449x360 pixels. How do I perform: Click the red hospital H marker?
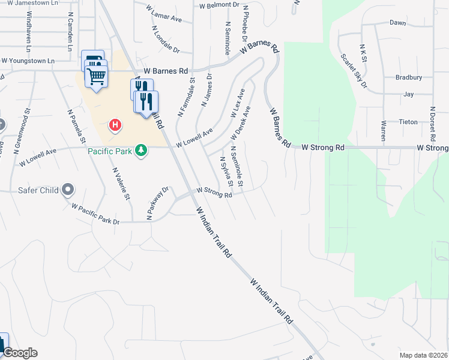(x=115, y=125)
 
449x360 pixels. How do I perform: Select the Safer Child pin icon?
(x=68, y=190)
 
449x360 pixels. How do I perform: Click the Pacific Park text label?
(x=109, y=151)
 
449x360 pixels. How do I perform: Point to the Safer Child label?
(x=37, y=191)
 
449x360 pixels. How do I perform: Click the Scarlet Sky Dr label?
(x=354, y=71)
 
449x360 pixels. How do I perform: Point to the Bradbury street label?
(x=409, y=77)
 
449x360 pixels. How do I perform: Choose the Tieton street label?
(x=408, y=121)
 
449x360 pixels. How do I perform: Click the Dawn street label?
(x=397, y=23)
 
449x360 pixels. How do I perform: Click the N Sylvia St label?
(x=226, y=171)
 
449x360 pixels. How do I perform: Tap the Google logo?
(x=19, y=353)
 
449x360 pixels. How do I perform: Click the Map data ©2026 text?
(x=423, y=355)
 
